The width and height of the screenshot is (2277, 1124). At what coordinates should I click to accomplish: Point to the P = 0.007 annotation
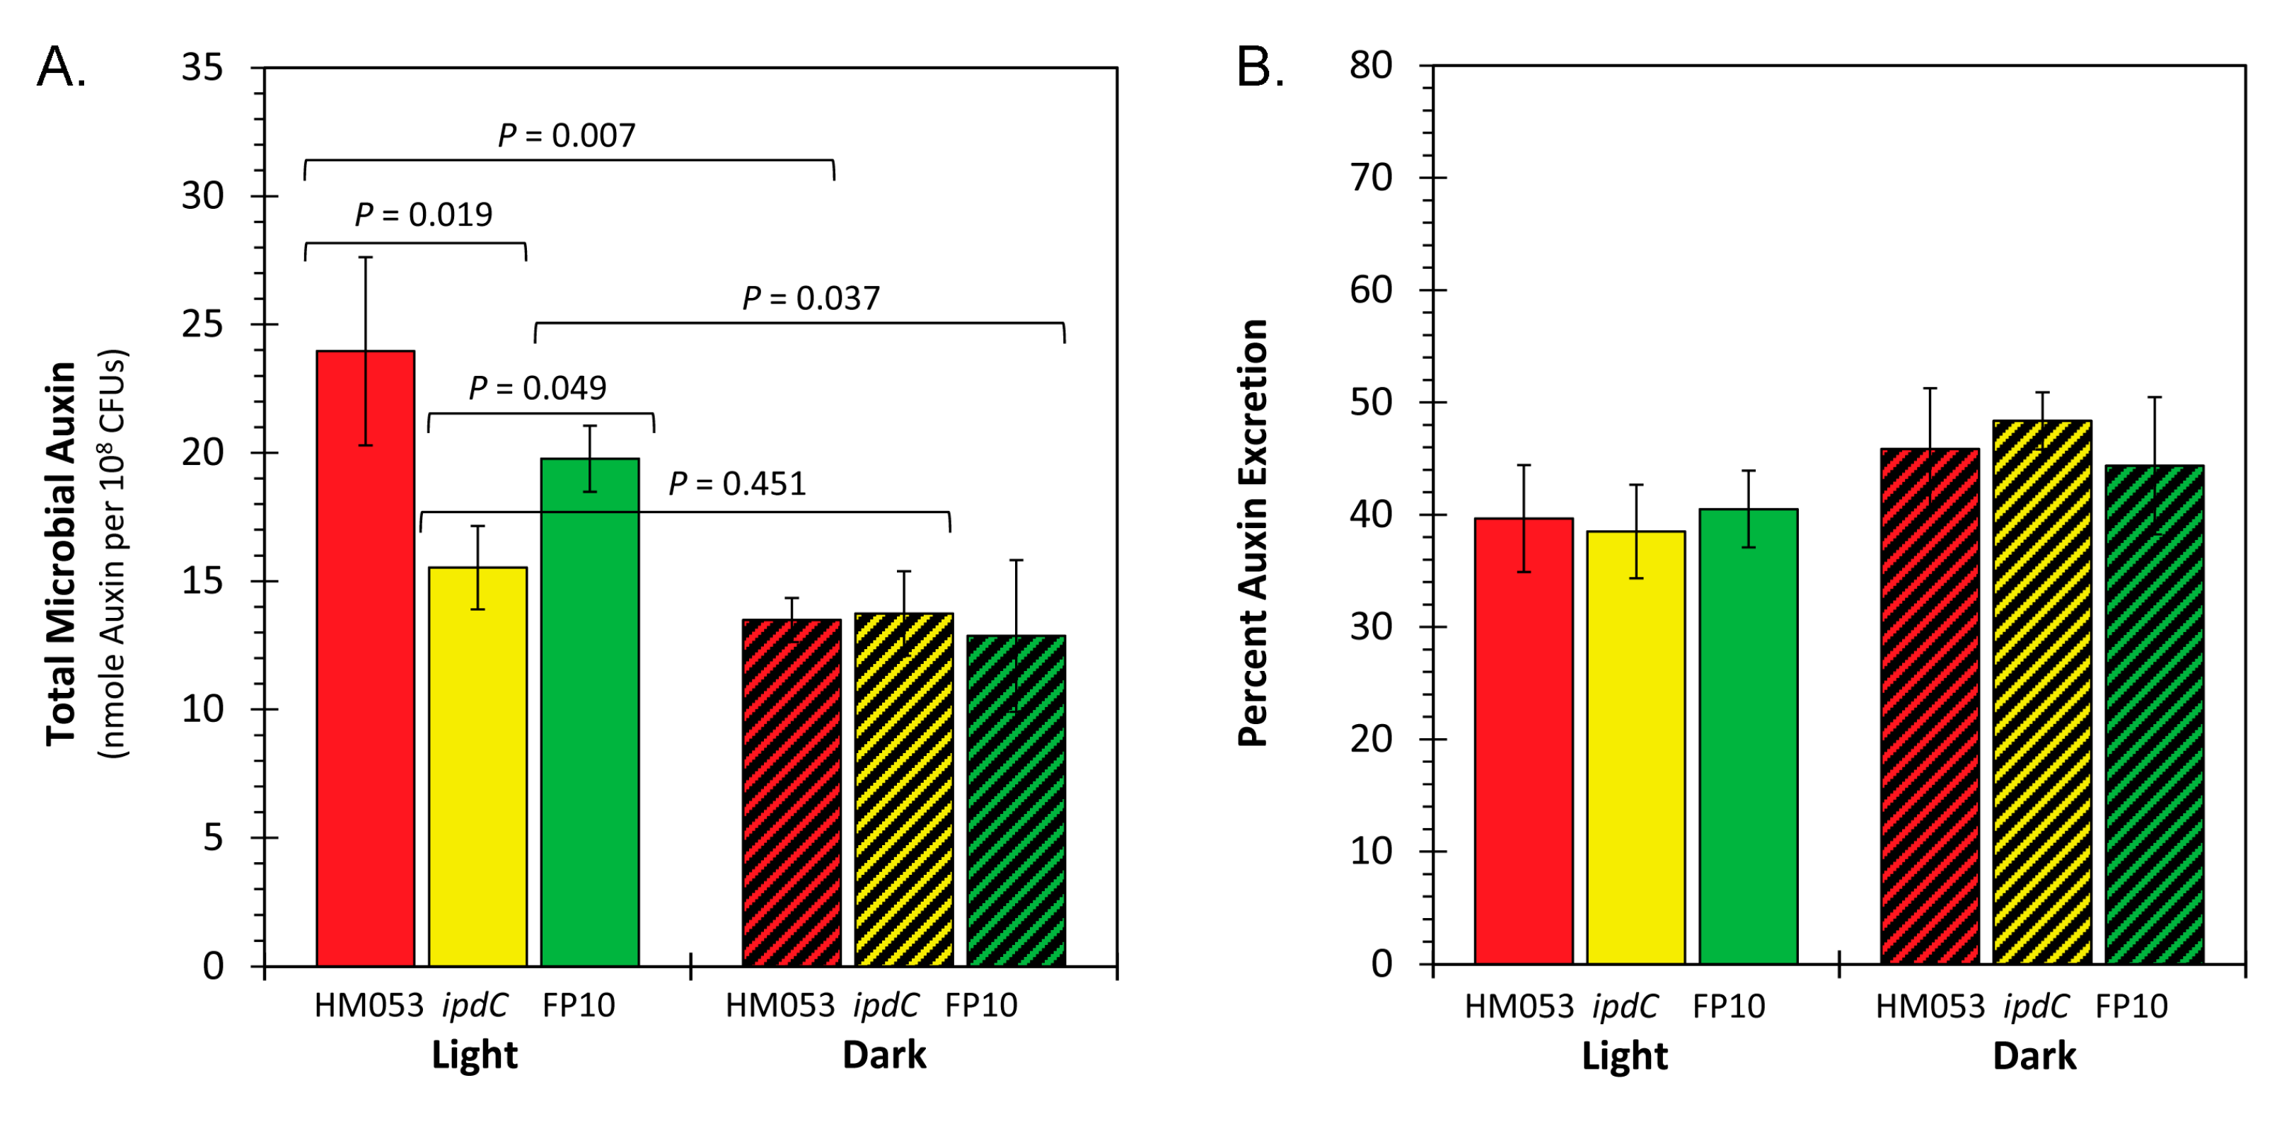tap(567, 135)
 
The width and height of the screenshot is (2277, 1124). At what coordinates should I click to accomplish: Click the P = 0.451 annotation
tap(737, 483)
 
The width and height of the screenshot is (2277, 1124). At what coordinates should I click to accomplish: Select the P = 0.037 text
tap(811, 298)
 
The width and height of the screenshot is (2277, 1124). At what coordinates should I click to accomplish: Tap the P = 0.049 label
tap(538, 387)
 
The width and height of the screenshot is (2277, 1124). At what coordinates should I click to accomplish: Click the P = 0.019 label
tap(424, 214)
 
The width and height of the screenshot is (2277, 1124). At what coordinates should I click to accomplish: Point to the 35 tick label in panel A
tap(202, 67)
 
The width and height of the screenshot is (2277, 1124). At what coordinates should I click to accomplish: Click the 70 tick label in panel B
tap(1370, 178)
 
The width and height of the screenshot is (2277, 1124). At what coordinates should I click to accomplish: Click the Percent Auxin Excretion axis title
tap(1253, 533)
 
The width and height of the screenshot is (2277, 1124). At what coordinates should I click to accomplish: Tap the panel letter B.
tap(1260, 67)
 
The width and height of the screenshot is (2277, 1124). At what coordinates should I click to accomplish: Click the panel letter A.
tap(61, 67)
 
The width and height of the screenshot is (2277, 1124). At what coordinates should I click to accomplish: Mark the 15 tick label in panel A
tap(202, 581)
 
